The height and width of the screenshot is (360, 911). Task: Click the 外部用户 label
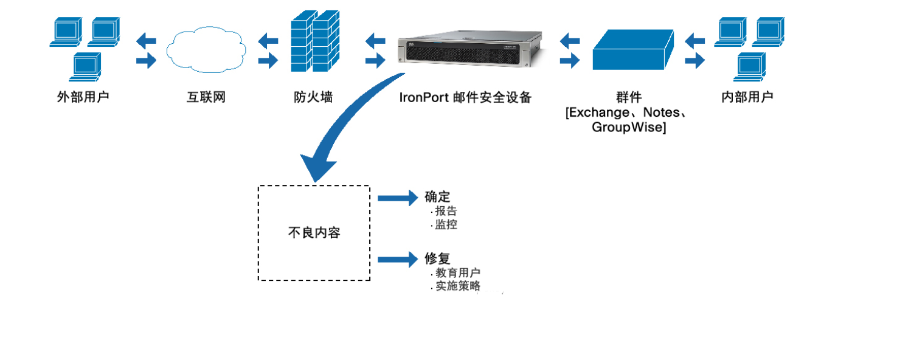(83, 97)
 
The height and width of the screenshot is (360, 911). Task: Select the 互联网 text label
(206, 97)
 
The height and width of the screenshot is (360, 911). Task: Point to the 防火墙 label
(313, 97)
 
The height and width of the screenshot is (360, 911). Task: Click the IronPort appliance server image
(468, 51)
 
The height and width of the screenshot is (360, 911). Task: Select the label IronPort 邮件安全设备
(466, 97)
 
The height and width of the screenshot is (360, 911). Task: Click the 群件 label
(629, 97)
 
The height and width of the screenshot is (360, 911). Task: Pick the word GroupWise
(629, 128)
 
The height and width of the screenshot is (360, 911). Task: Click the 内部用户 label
(747, 97)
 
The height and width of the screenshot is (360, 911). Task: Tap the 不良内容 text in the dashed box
(314, 233)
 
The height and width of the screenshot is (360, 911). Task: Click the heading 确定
(437, 197)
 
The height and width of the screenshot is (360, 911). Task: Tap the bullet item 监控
(446, 224)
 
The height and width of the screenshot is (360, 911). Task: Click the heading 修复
(437, 259)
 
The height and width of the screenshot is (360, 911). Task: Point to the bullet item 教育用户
(458, 273)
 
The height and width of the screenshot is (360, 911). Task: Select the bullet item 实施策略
(458, 286)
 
